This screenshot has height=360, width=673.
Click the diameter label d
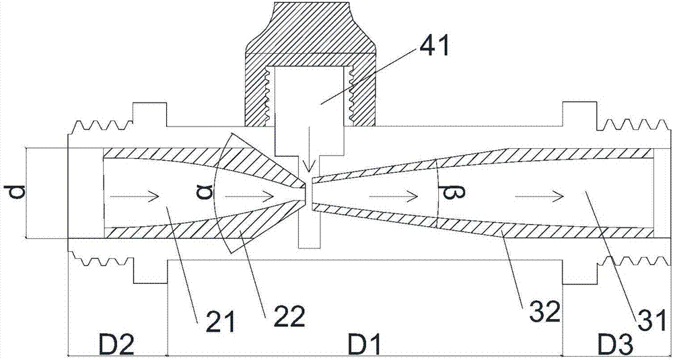point(13,192)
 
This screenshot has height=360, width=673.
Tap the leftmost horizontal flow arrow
point(135,196)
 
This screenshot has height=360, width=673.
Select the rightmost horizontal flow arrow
point(539,196)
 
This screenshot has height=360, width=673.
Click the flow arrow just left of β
point(393,196)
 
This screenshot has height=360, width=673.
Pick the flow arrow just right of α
point(249,196)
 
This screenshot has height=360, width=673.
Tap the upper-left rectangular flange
point(150,114)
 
